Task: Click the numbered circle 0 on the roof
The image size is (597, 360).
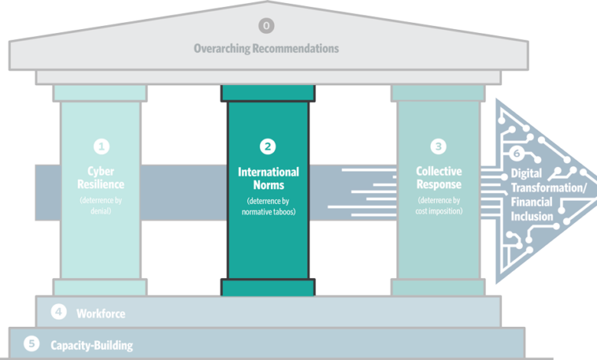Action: pyautogui.click(x=266, y=26)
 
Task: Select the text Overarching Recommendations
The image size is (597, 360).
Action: pyautogui.click(x=266, y=48)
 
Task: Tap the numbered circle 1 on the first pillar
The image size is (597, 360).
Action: pyautogui.click(x=101, y=146)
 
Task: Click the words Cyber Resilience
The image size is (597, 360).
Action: pyautogui.click(x=101, y=178)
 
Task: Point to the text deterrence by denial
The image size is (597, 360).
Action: pyautogui.click(x=101, y=205)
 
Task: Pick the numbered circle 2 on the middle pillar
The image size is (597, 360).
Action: pyautogui.click(x=267, y=146)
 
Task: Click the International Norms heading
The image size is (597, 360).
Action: pyautogui.click(x=268, y=178)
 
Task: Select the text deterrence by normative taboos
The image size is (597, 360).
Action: pyautogui.click(x=268, y=205)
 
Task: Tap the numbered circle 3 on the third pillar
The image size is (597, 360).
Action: pyautogui.click(x=438, y=146)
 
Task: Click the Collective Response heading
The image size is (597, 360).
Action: pyautogui.click(x=439, y=178)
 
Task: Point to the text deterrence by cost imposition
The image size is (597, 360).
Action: pyautogui.click(x=439, y=205)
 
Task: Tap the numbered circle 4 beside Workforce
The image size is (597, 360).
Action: pyautogui.click(x=57, y=313)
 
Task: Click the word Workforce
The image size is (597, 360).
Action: pyautogui.click(x=100, y=313)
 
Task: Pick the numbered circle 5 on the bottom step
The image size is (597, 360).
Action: pyautogui.click(x=31, y=344)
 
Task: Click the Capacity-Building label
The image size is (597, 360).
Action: pyautogui.click(x=91, y=345)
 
